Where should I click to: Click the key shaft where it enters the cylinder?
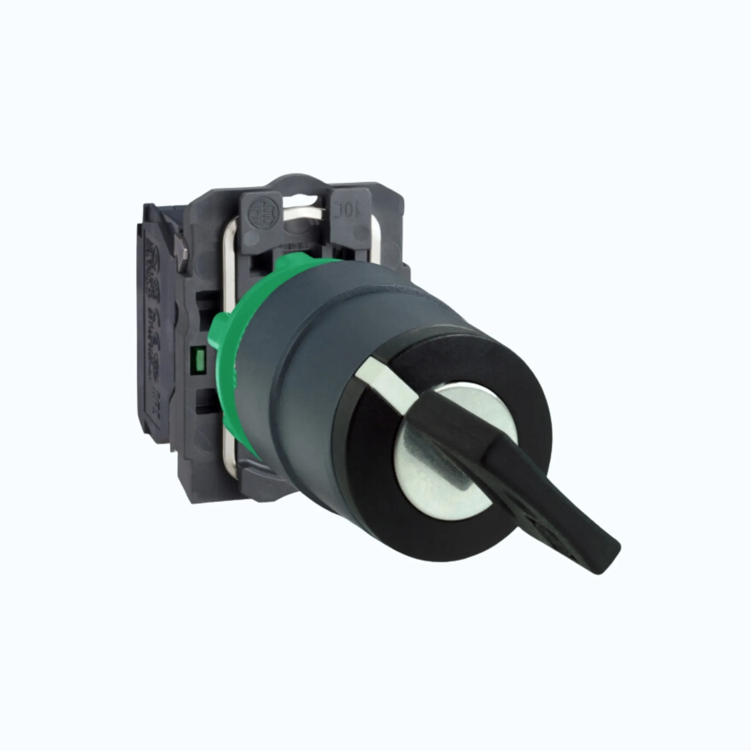pyautogui.click(x=459, y=439)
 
